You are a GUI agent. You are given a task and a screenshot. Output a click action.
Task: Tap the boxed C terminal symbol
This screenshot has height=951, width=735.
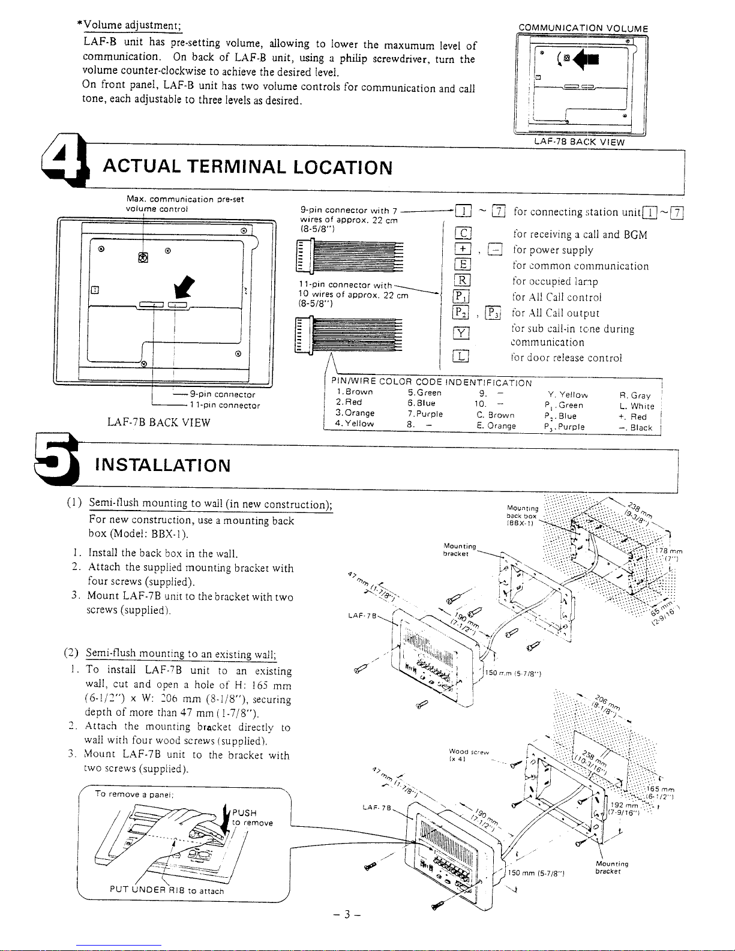(x=463, y=235)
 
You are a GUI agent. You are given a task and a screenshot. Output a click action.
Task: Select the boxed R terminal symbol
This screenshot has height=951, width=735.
(x=463, y=281)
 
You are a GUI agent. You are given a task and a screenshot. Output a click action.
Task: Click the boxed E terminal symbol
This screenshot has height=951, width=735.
(x=463, y=266)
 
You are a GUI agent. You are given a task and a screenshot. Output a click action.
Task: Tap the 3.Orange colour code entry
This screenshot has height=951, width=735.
(x=355, y=413)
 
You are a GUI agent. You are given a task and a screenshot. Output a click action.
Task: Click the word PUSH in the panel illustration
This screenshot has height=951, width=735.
(x=244, y=814)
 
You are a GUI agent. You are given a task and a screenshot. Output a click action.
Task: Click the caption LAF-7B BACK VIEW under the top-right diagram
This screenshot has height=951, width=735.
(x=580, y=142)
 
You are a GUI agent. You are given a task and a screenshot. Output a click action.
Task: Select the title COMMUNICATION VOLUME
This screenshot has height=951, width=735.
(x=583, y=28)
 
